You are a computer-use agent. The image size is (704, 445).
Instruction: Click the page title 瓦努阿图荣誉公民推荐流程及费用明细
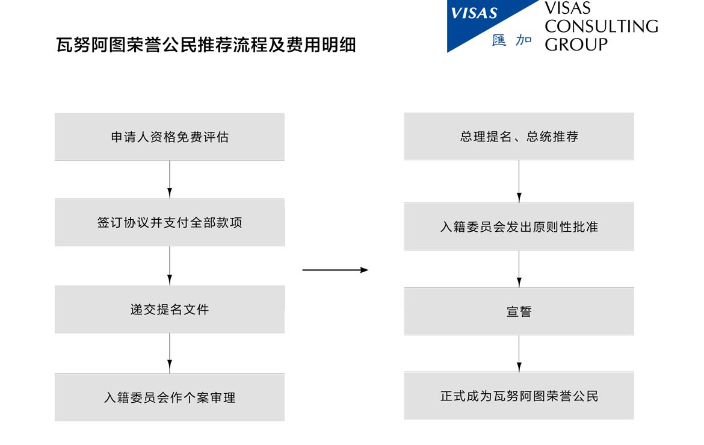(x=206, y=45)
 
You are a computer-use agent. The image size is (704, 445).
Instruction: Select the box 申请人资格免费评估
(x=170, y=137)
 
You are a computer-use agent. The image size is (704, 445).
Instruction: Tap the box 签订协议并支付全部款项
(x=170, y=222)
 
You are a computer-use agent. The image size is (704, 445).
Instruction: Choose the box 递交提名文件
(x=170, y=310)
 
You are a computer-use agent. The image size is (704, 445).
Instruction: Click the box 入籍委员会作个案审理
(x=170, y=397)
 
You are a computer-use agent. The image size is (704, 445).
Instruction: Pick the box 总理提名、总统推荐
(x=519, y=136)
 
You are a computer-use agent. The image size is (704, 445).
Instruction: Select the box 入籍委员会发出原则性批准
(x=519, y=226)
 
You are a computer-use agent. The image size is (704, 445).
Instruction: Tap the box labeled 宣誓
(x=519, y=311)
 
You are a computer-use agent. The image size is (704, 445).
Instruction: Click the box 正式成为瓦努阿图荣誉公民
(x=519, y=396)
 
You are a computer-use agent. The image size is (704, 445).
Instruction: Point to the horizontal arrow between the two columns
(x=335, y=270)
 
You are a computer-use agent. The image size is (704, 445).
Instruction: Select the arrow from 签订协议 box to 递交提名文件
(x=170, y=266)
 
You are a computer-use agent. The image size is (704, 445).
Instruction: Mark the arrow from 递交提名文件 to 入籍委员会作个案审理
(x=170, y=353)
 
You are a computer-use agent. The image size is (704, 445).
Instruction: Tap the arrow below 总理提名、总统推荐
(x=519, y=182)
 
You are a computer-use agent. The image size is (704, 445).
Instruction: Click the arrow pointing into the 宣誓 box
(x=519, y=269)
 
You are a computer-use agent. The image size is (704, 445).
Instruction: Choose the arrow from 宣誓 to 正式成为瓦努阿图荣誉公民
(x=519, y=353)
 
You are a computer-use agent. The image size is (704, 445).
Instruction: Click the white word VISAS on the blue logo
(x=474, y=13)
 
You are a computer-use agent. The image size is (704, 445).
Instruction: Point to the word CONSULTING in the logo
(x=602, y=26)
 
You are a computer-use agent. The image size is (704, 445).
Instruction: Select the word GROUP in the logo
(x=576, y=45)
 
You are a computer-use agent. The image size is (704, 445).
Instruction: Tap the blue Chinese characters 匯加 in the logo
(x=512, y=40)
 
